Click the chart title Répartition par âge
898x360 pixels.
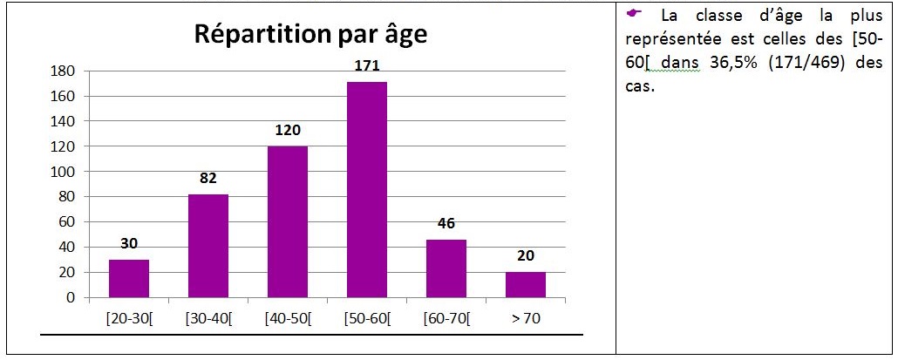(x=311, y=34)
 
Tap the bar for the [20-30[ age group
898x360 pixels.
(x=129, y=279)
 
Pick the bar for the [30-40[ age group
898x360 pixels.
(x=208, y=246)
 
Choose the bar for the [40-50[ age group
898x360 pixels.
(x=288, y=221)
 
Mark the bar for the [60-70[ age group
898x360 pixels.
(x=446, y=268)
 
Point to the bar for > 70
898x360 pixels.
(x=526, y=285)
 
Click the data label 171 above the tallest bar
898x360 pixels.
(x=367, y=66)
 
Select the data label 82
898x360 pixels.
(x=208, y=179)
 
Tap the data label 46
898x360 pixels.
(x=446, y=224)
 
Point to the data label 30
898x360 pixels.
(x=129, y=244)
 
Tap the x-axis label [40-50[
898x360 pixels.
(x=288, y=319)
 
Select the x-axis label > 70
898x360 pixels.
(x=526, y=319)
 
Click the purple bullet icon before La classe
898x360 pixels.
(x=633, y=13)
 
